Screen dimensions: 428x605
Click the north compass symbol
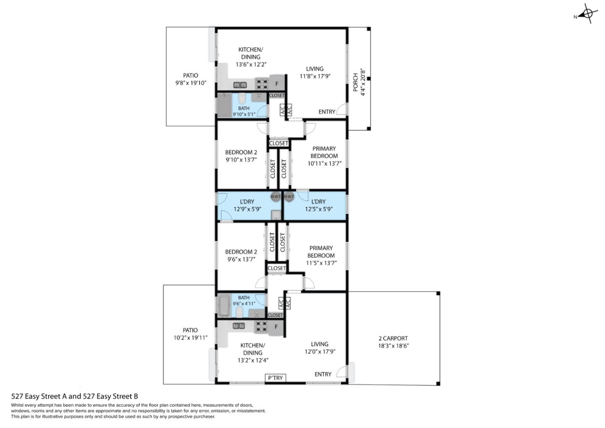(x=587, y=14)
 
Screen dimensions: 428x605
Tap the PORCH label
(x=355, y=82)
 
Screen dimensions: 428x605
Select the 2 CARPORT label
(x=393, y=338)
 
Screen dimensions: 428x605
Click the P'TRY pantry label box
(x=275, y=378)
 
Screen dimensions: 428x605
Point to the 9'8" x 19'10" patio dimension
(x=191, y=83)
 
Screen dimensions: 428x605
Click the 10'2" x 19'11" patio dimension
(x=190, y=338)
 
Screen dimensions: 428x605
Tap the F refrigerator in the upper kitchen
(x=276, y=83)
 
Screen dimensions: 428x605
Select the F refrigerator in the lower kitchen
(x=276, y=327)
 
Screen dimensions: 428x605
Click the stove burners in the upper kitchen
(x=262, y=84)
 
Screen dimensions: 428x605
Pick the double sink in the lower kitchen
(x=239, y=326)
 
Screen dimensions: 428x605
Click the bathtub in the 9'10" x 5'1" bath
(x=224, y=105)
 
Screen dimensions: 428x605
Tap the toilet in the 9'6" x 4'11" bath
(x=239, y=312)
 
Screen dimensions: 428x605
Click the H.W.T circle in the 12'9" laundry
(x=275, y=197)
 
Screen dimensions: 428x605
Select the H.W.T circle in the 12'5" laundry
(x=289, y=197)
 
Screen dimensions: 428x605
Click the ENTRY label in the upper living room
(x=326, y=111)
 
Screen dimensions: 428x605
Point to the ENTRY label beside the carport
(x=323, y=374)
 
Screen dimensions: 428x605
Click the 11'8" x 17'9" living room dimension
(x=315, y=76)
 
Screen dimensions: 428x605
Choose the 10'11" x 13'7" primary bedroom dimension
(x=324, y=164)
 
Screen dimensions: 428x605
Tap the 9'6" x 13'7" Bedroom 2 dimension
(x=241, y=259)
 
